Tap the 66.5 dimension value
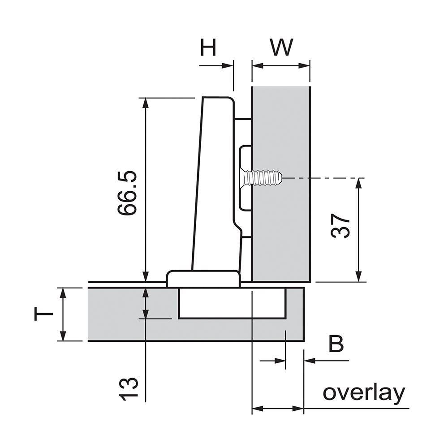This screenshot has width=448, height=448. tap(127, 193)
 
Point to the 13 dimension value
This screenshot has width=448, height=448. tap(128, 388)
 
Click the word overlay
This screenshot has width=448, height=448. tap(363, 393)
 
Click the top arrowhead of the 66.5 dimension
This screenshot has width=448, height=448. tap(145, 103)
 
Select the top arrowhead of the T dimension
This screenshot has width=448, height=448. tap(63, 293)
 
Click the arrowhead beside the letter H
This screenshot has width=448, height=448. tap(228, 65)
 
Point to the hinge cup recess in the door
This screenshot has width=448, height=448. tap(232, 303)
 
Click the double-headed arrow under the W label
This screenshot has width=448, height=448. tap(281, 65)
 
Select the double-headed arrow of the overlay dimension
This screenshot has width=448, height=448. tap(278, 408)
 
